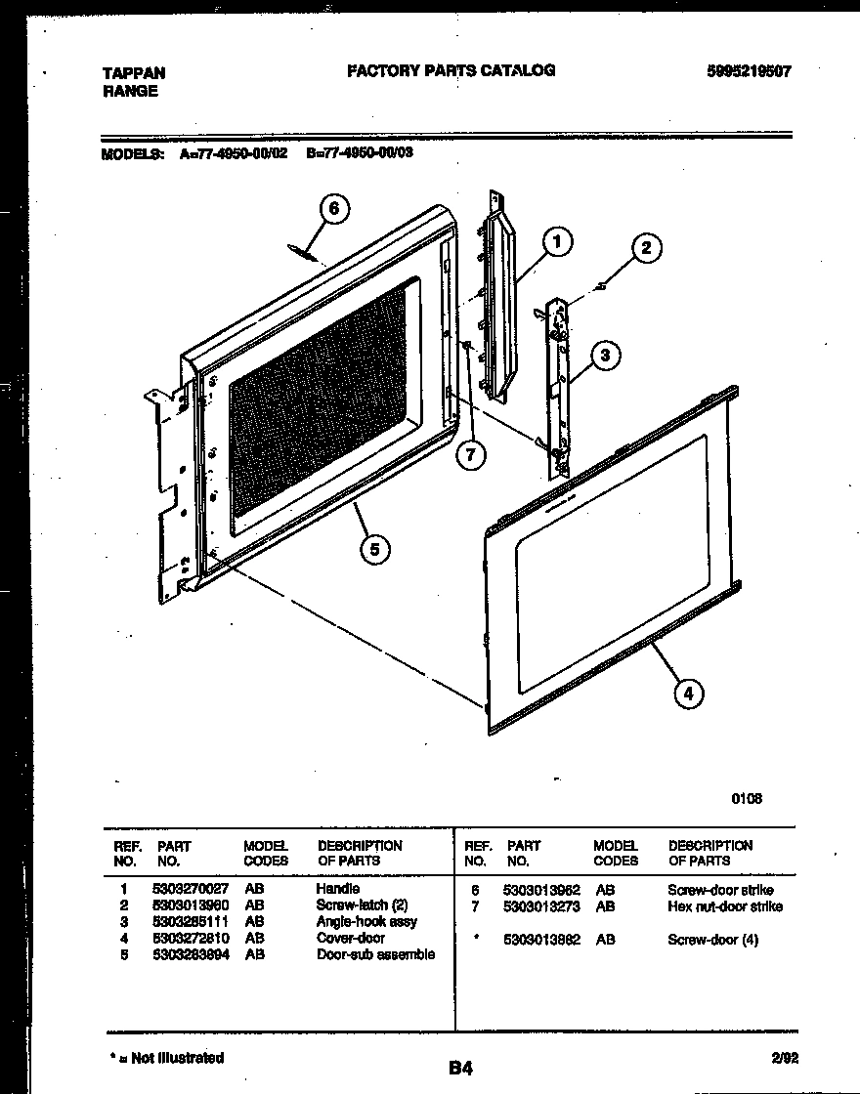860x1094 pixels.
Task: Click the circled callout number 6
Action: [335, 209]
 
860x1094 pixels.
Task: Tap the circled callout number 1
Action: [558, 241]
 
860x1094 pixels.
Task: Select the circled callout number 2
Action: [646, 248]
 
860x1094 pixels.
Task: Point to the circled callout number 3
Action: [606, 356]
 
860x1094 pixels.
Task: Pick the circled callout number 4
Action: [688, 694]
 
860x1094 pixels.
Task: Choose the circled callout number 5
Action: [373, 550]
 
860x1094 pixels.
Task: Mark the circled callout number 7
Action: [470, 455]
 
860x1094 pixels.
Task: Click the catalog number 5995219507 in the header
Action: [748, 71]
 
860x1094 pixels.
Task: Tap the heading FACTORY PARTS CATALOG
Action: [451, 70]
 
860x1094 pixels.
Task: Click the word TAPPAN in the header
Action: [134, 73]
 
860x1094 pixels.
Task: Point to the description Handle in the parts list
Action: [337, 889]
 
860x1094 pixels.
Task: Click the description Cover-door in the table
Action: [351, 938]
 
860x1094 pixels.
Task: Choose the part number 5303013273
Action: [541, 906]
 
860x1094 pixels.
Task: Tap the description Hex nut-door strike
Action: [724, 906]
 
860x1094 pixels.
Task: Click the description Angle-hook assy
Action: [366, 921]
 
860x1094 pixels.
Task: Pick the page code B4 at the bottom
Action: [461, 1068]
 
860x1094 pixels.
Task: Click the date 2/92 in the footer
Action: [784, 1058]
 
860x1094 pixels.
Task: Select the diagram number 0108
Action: [747, 798]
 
